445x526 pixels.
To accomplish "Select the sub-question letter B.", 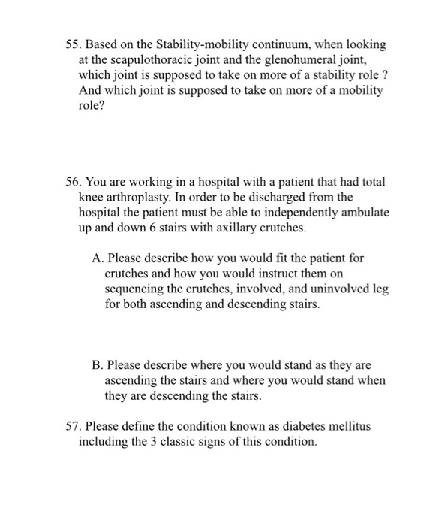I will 97,365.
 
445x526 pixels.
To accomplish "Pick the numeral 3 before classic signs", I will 146,441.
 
